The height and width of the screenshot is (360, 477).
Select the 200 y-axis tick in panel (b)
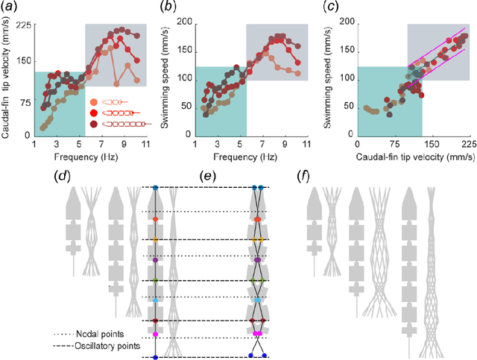(183, 25)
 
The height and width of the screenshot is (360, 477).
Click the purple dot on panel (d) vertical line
(154, 259)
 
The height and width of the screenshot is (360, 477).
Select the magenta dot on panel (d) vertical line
(154, 335)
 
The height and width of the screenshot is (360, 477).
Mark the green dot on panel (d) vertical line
(154, 280)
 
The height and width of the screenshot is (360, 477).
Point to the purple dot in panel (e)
(257, 259)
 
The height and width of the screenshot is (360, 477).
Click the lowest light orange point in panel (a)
(42, 127)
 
